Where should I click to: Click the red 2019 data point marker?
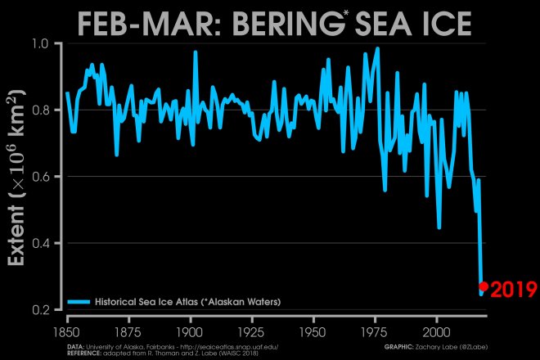(x=483, y=286)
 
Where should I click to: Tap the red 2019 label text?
(x=513, y=289)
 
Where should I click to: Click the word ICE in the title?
(x=442, y=25)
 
